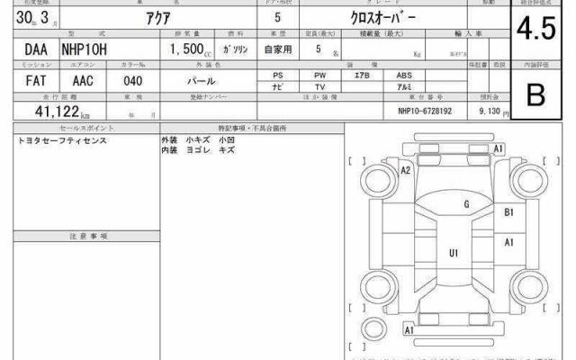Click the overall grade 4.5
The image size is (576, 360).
point(535,30)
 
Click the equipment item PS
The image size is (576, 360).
point(278,75)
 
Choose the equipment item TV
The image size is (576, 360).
point(320,86)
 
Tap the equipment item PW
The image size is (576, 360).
point(320,75)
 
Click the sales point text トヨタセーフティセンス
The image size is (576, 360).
point(60,142)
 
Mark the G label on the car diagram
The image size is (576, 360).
point(466,205)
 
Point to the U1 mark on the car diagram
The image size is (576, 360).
point(454,253)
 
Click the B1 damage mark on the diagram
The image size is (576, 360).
point(508,212)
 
